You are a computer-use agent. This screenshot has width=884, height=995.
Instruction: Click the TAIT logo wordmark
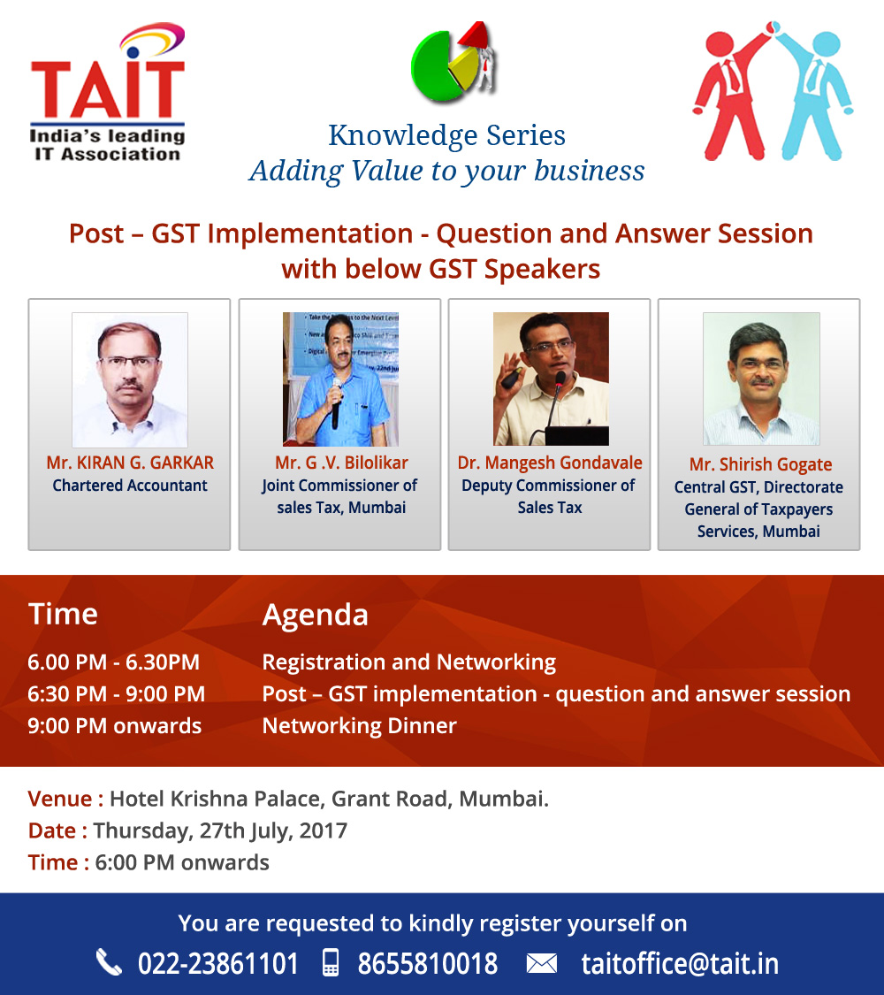tap(108, 88)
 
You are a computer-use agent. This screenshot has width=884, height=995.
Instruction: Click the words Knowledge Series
tap(446, 135)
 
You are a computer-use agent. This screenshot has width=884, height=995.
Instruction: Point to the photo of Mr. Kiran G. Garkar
tap(130, 379)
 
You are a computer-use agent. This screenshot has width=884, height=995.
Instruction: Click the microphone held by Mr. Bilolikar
tap(336, 402)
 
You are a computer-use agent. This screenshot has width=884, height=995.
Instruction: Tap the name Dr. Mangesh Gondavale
tap(550, 463)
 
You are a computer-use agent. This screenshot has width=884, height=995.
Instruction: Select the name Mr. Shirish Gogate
tap(760, 464)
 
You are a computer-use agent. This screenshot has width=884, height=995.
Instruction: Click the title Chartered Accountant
tap(130, 486)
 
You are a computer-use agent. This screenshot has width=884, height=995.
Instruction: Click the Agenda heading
tap(316, 615)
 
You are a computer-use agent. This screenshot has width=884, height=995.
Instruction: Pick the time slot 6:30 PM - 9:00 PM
tap(116, 694)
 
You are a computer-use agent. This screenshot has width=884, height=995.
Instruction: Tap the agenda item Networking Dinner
tap(360, 726)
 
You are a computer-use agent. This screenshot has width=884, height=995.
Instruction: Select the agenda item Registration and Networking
tap(409, 662)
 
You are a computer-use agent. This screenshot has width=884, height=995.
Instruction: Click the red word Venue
tap(59, 799)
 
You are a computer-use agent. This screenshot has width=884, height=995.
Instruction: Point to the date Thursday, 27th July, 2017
tap(220, 830)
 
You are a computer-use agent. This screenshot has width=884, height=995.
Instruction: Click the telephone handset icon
tap(109, 962)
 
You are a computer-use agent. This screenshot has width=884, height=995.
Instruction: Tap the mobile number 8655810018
tap(428, 964)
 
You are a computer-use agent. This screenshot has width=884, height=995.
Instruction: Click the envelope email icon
tap(542, 964)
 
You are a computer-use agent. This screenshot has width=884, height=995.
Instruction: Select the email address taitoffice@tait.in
tap(680, 964)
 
